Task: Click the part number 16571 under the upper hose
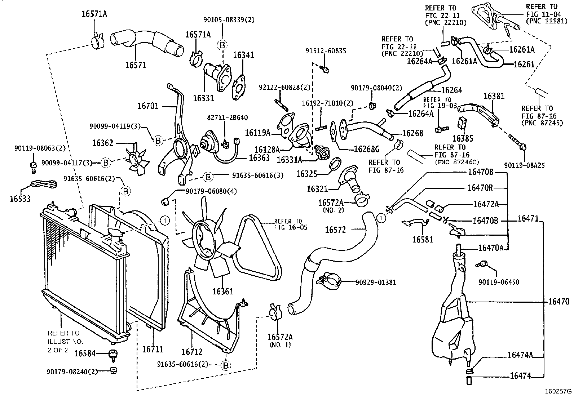pos(136,65)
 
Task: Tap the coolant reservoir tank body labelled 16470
pos(451,317)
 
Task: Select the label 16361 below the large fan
pos(222,291)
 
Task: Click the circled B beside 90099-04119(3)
pos(158,141)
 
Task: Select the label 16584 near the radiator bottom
pos(85,353)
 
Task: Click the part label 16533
pos(20,199)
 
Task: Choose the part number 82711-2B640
pos(227,118)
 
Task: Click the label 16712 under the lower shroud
pos(192,352)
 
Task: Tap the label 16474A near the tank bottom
pos(520,355)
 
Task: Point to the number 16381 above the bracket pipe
pos(494,96)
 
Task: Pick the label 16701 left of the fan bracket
pos(147,106)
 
